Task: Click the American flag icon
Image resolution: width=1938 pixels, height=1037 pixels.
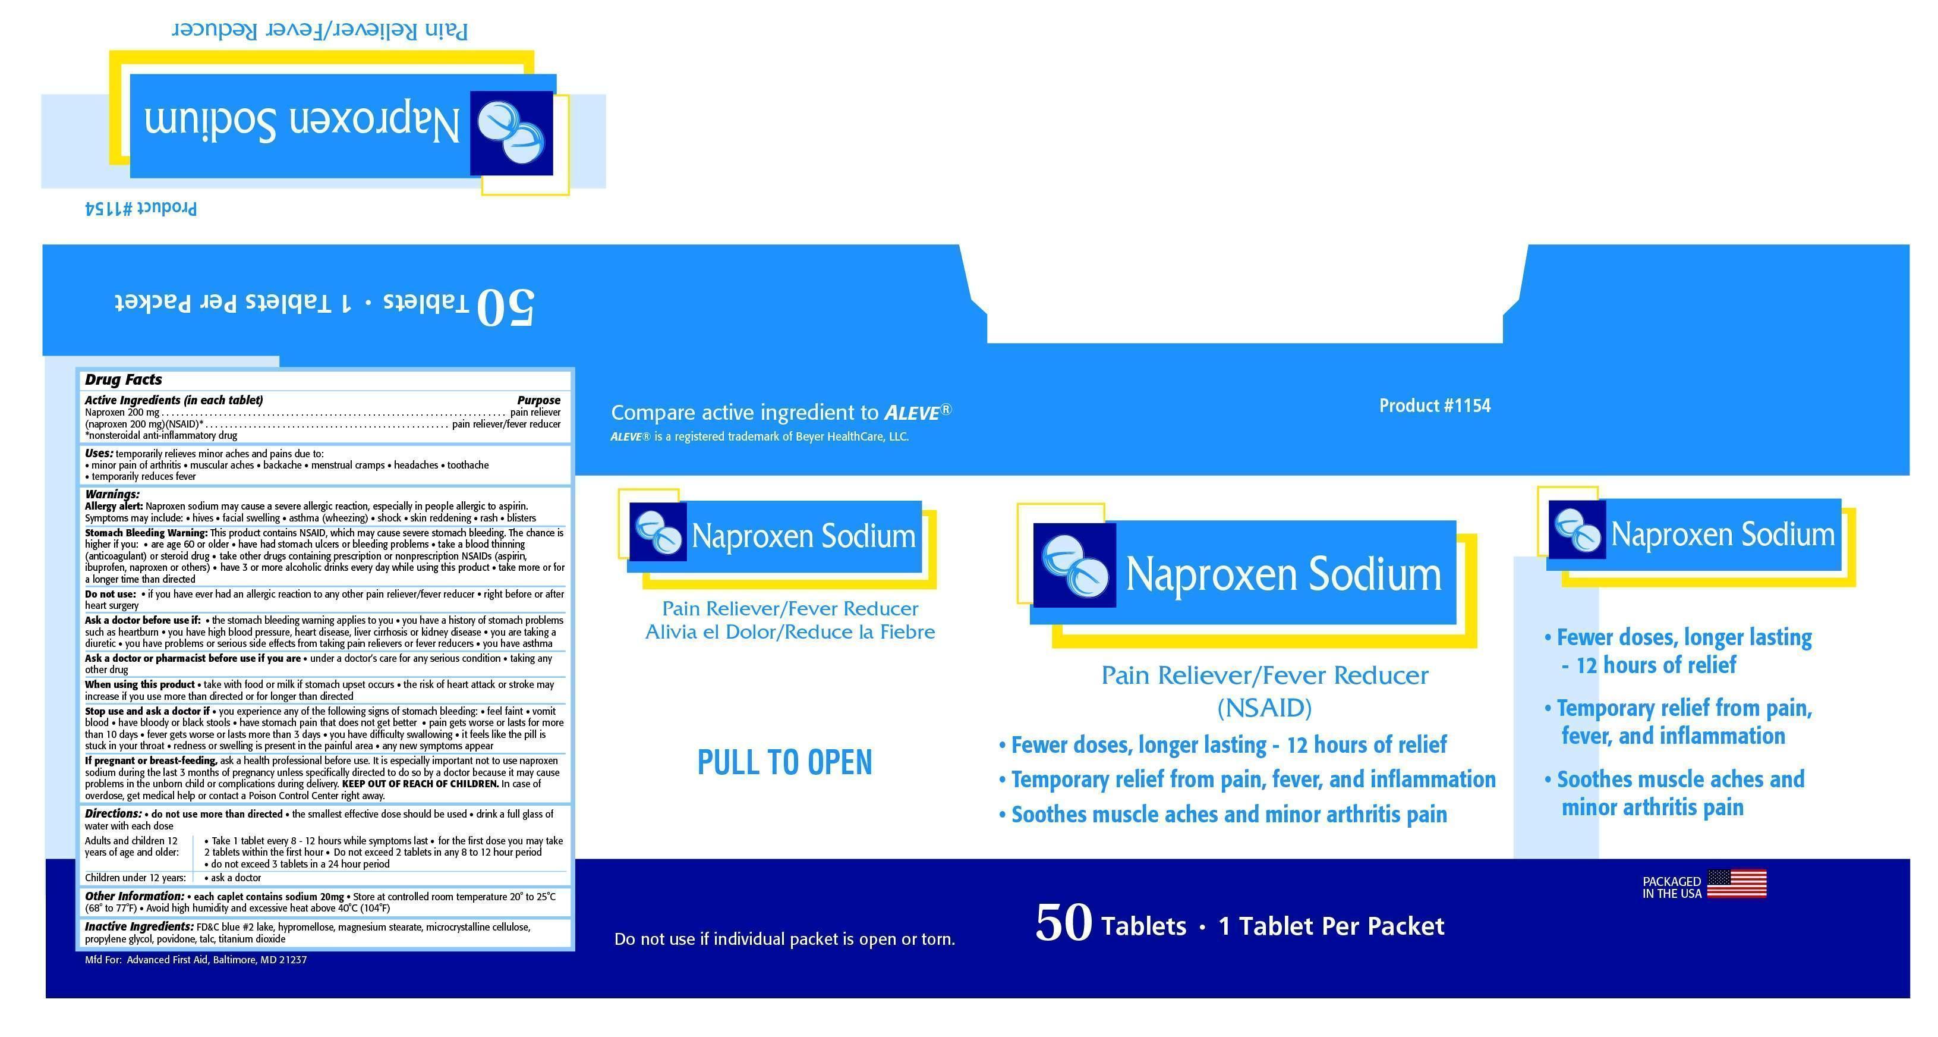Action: click(x=1737, y=884)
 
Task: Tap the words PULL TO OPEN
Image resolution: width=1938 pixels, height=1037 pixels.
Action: click(x=784, y=762)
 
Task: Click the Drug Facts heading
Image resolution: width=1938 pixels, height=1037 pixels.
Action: click(x=124, y=380)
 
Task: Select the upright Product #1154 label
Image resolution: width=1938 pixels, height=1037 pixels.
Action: click(x=1435, y=406)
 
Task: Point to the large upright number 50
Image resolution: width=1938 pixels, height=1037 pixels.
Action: click(x=1064, y=923)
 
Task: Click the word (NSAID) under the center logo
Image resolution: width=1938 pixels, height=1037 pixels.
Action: click(x=1265, y=708)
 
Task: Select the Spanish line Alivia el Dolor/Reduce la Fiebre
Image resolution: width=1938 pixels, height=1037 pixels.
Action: click(x=790, y=632)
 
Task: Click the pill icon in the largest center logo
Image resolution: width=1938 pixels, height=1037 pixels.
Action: click(x=1075, y=565)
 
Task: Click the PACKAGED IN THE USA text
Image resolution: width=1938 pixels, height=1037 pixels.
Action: click(x=1672, y=888)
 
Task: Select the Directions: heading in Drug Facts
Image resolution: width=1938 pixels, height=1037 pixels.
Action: click(x=113, y=813)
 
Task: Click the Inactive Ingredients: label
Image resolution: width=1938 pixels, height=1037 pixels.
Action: click(x=139, y=927)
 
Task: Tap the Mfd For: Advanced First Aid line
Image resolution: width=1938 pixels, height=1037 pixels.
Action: click(x=196, y=960)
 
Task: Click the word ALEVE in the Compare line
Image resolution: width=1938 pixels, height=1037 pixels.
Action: click(x=912, y=413)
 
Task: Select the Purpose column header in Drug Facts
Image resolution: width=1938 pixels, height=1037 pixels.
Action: click(x=538, y=400)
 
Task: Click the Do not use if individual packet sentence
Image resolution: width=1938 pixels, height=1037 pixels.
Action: click(x=784, y=939)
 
